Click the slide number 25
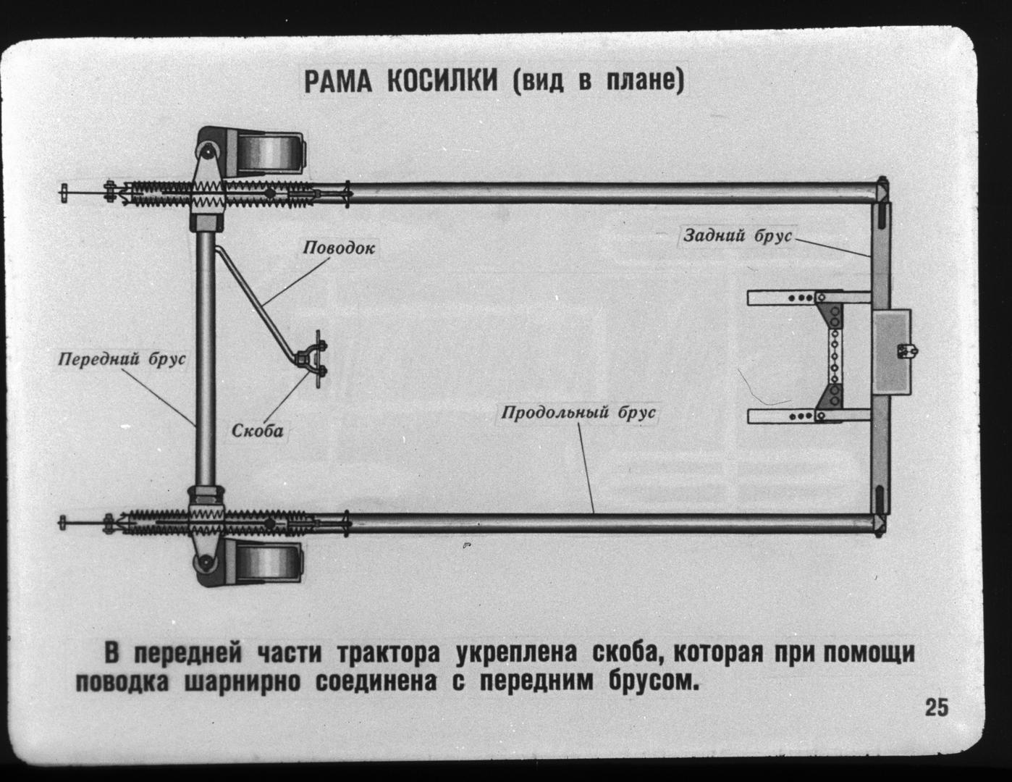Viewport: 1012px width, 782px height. [937, 707]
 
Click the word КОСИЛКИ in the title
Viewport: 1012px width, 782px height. [442, 82]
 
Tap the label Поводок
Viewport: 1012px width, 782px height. [339, 248]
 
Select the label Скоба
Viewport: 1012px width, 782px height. [257, 431]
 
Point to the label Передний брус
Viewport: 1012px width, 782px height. [122, 359]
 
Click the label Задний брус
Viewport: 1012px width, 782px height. [737, 235]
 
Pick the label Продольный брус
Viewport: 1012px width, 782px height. [578, 413]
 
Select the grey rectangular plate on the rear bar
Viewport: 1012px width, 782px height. [891, 352]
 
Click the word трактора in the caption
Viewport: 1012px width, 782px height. [387, 653]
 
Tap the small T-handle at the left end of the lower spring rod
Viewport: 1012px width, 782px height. [63, 523]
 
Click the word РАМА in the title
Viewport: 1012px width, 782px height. [339, 82]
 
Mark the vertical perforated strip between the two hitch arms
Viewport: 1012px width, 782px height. [834, 358]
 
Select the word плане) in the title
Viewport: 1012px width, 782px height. [645, 82]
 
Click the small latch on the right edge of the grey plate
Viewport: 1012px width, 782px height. [907, 350]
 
